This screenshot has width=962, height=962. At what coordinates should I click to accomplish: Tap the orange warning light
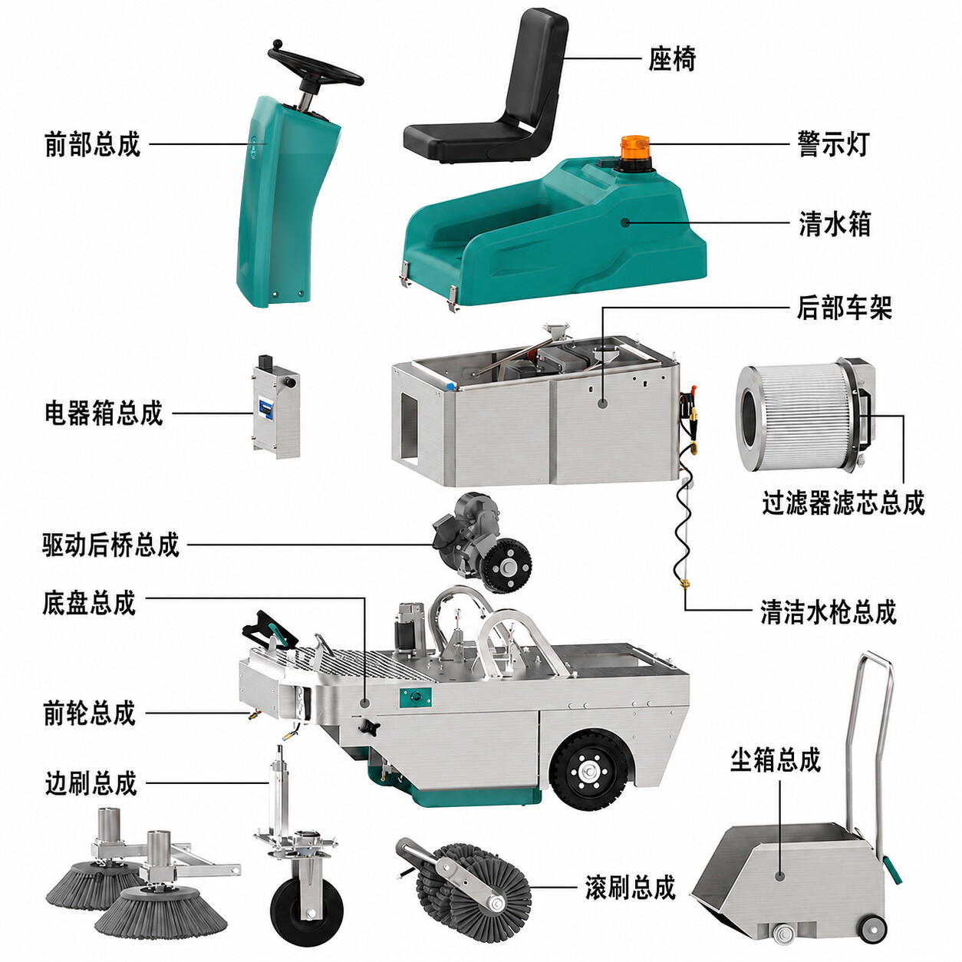click(x=634, y=152)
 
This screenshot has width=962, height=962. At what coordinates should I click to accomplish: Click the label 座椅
click(x=672, y=59)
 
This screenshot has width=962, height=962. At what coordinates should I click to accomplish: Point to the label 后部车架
click(x=844, y=307)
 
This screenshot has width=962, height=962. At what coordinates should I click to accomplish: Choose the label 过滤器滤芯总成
click(x=843, y=502)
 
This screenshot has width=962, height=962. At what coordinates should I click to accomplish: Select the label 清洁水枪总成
click(x=829, y=612)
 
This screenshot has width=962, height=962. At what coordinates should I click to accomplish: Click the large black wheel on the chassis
click(x=590, y=773)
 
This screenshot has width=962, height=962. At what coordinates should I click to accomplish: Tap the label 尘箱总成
click(x=776, y=761)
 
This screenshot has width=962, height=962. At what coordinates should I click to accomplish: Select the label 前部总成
click(x=92, y=144)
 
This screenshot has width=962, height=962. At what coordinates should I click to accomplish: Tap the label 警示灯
click(x=833, y=144)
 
